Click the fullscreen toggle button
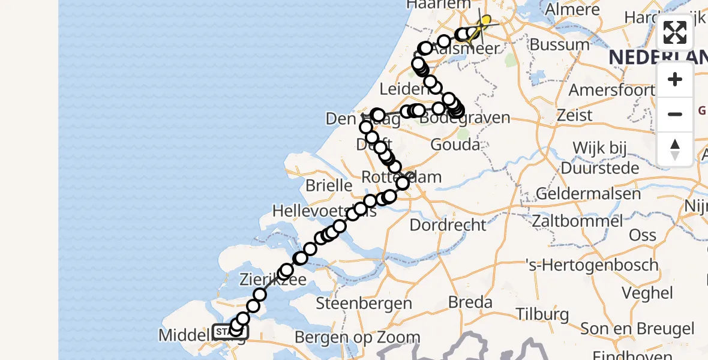[675, 32]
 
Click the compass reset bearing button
[675, 149]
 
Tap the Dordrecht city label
[448, 225]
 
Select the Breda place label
[470, 302]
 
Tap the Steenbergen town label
[364, 303]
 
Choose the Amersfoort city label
[611, 90]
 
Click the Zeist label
[575, 115]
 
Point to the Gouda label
[455, 145]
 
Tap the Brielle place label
[329, 185]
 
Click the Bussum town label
[560, 44]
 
